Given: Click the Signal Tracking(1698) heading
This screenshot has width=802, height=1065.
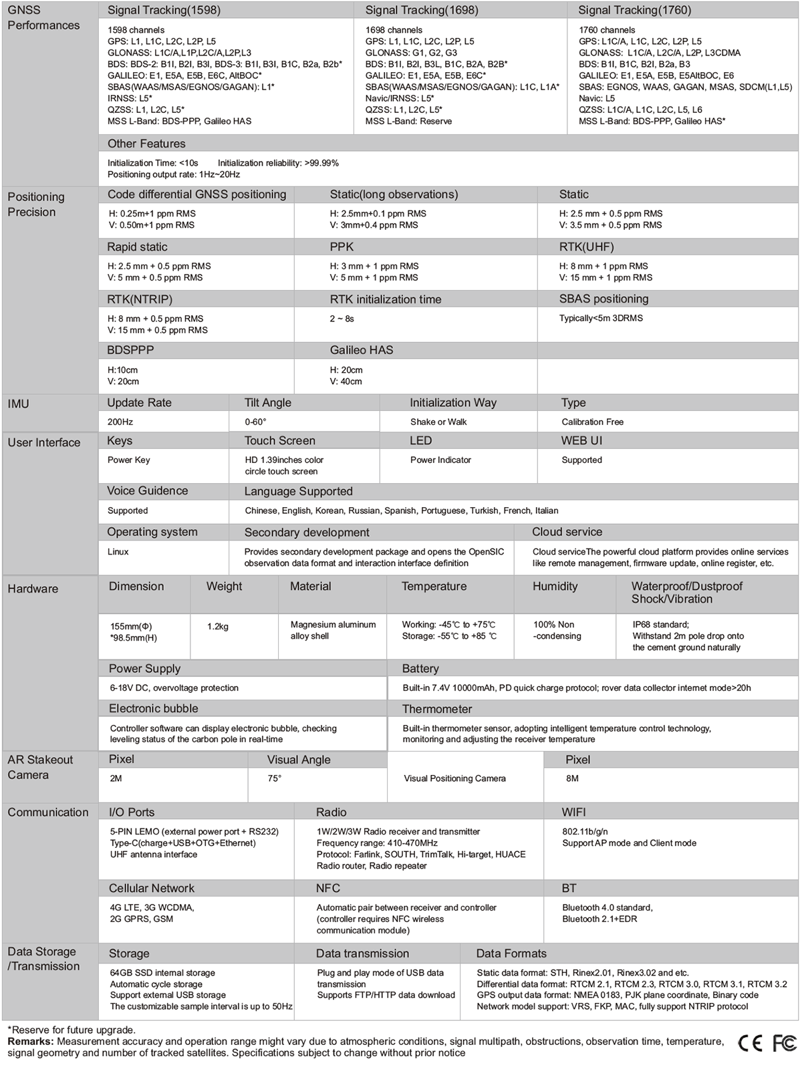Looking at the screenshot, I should pyautogui.click(x=422, y=10).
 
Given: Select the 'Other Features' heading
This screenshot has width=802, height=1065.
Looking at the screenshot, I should pyautogui.click(x=146, y=144).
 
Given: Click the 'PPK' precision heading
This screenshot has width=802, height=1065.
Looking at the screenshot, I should pyautogui.click(x=342, y=247).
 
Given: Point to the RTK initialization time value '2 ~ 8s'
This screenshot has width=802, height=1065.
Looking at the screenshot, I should pyautogui.click(x=342, y=319).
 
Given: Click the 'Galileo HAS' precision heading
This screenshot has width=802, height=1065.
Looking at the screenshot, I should pyautogui.click(x=362, y=350).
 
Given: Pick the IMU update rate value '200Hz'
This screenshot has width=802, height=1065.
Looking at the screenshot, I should pyautogui.click(x=120, y=422).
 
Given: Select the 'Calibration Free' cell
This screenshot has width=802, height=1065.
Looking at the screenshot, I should pyautogui.click(x=592, y=422).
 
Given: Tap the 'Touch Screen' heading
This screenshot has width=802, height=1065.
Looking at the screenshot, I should pyautogui.click(x=279, y=441).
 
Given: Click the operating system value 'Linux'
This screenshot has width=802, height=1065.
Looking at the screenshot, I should pyautogui.click(x=118, y=552).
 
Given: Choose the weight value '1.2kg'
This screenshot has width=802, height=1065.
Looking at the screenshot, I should pyautogui.click(x=218, y=627).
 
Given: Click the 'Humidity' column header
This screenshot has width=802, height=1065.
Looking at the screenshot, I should pyautogui.click(x=555, y=587).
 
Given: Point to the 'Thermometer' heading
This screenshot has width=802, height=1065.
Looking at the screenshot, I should pyautogui.click(x=437, y=709).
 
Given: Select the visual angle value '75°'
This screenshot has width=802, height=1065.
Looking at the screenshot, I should pyautogui.click(x=275, y=779).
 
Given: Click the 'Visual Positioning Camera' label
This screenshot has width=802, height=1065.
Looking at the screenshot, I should pyautogui.click(x=454, y=779).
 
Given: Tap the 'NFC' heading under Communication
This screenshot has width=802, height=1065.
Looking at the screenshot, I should pyautogui.click(x=328, y=889).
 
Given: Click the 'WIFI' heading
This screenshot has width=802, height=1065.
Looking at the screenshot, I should pyautogui.click(x=573, y=812).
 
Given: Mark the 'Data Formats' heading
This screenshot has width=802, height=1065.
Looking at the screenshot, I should pyautogui.click(x=511, y=954).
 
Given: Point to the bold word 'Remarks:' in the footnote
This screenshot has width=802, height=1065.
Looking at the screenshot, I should pyautogui.click(x=31, y=1042).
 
